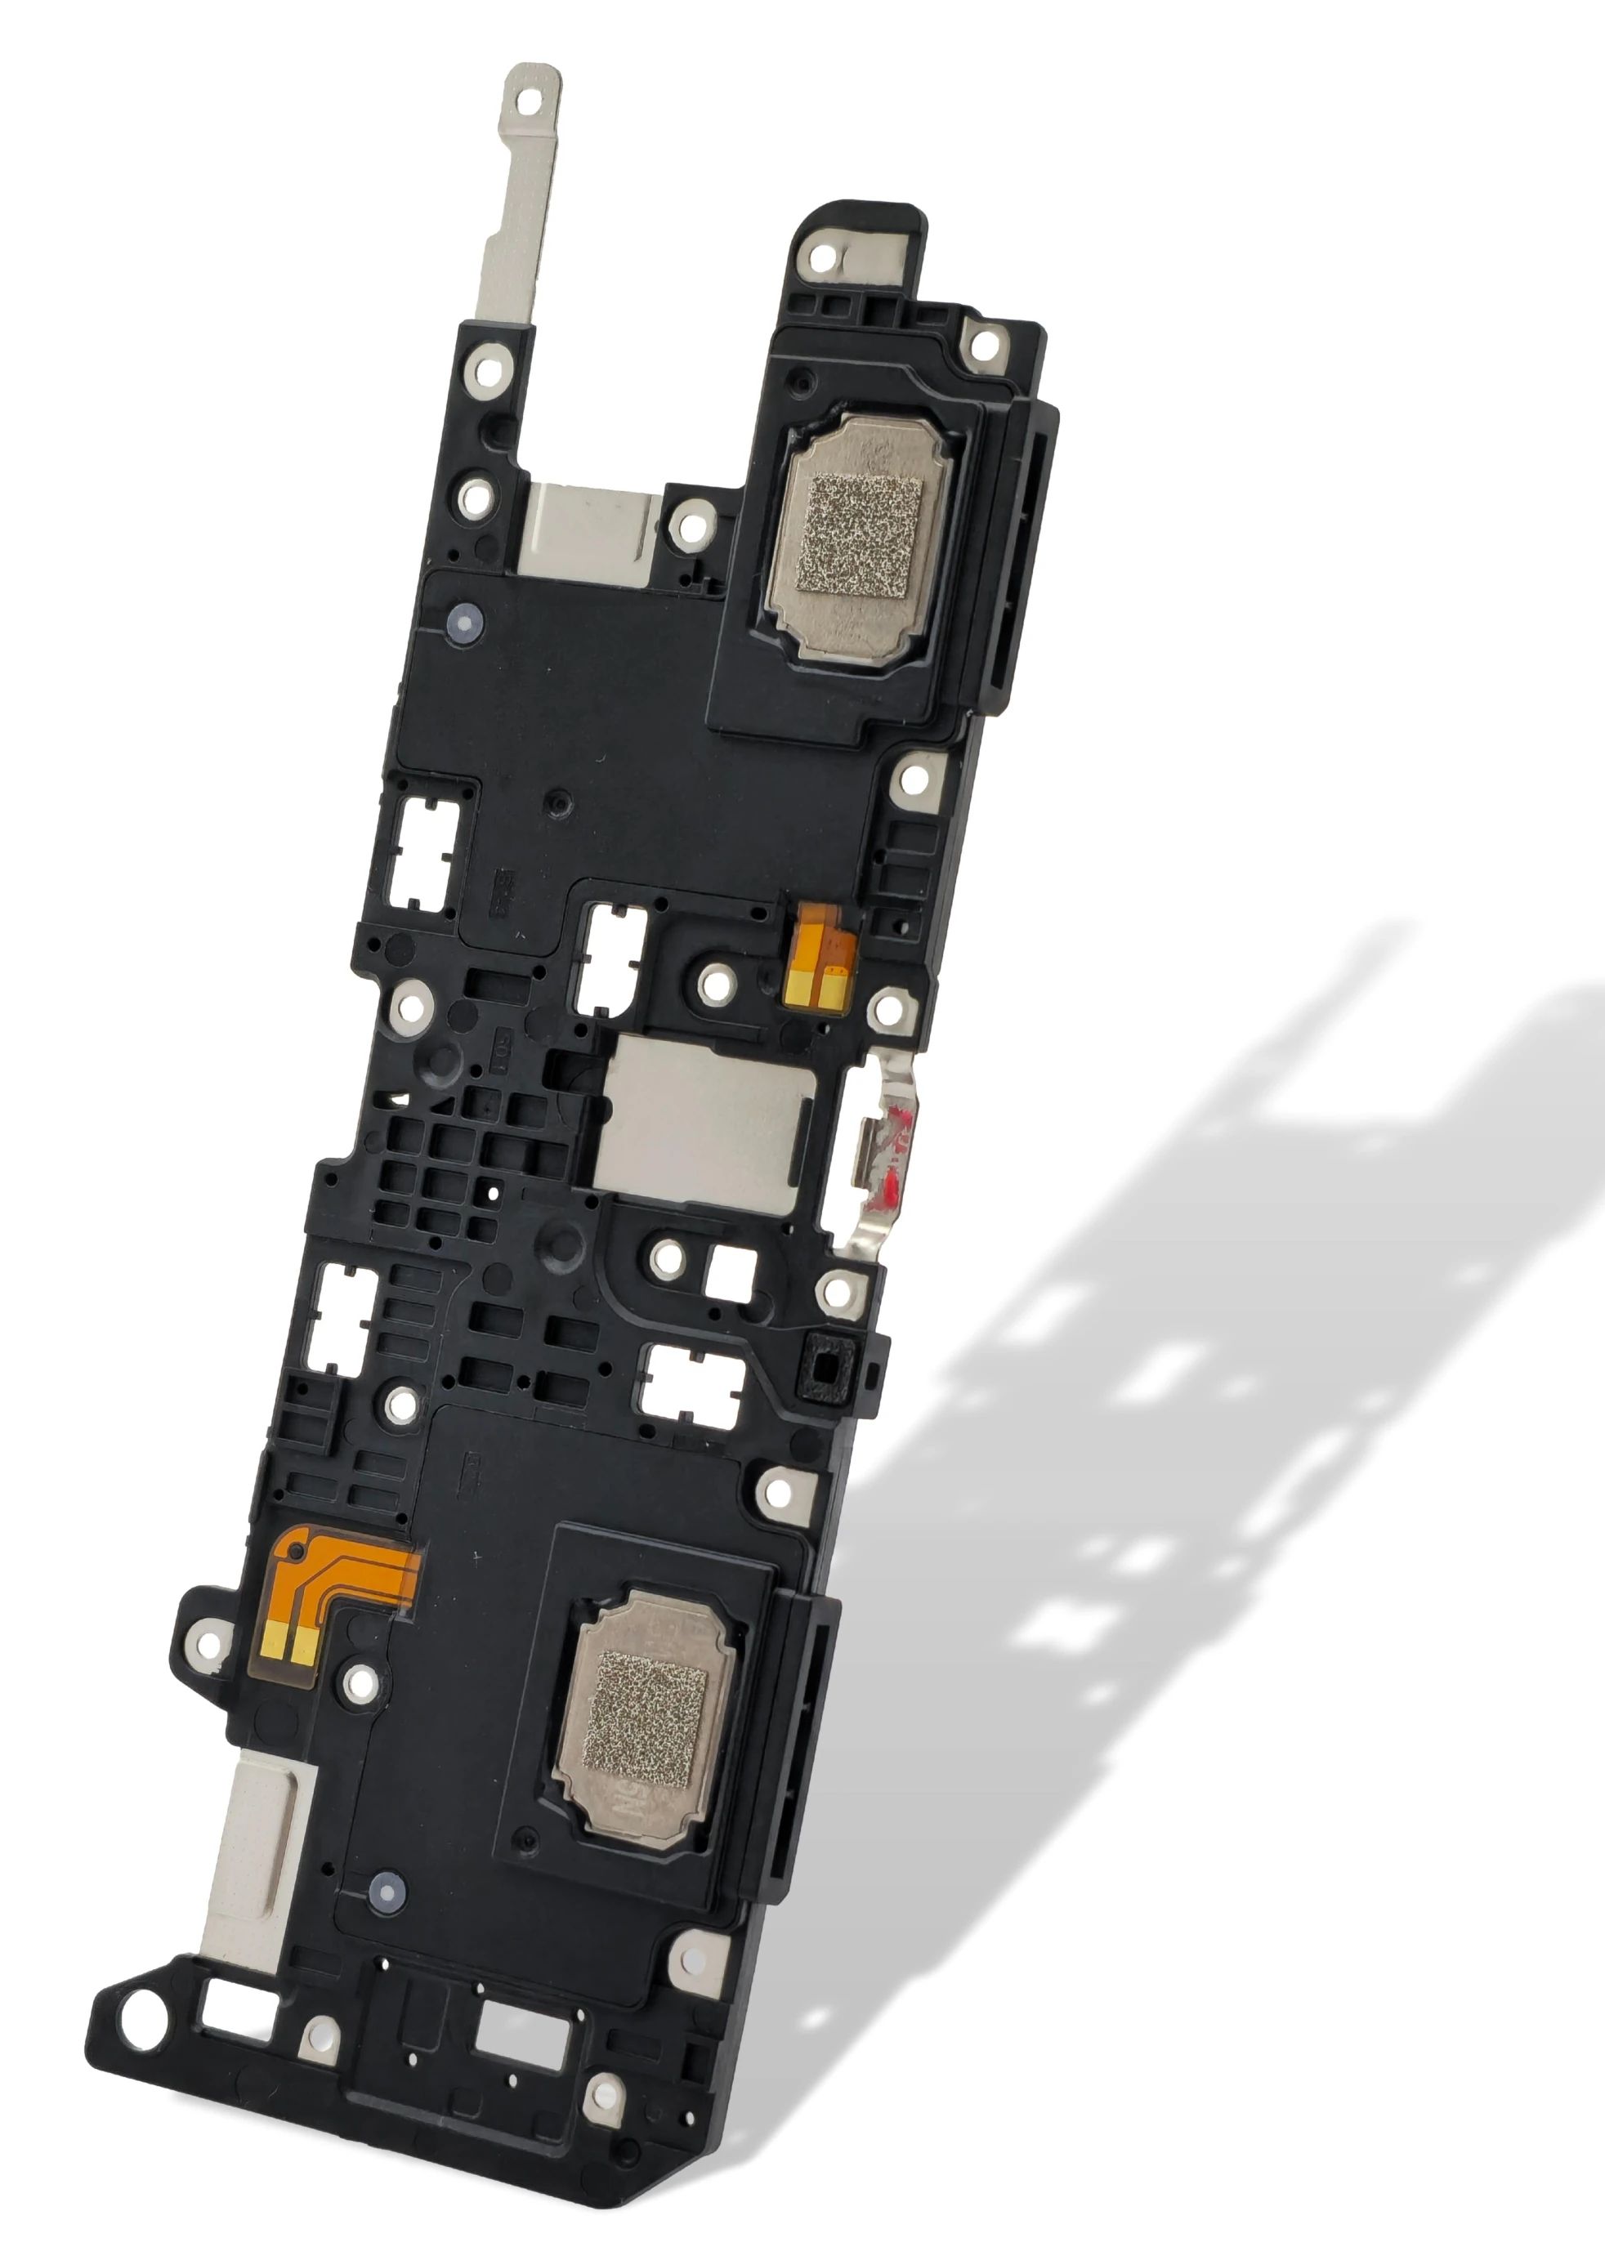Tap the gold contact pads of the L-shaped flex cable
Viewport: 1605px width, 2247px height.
click(292, 1642)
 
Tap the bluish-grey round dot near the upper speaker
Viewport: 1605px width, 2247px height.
click(463, 623)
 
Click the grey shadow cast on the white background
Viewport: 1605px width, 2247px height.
click(1236, 1383)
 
